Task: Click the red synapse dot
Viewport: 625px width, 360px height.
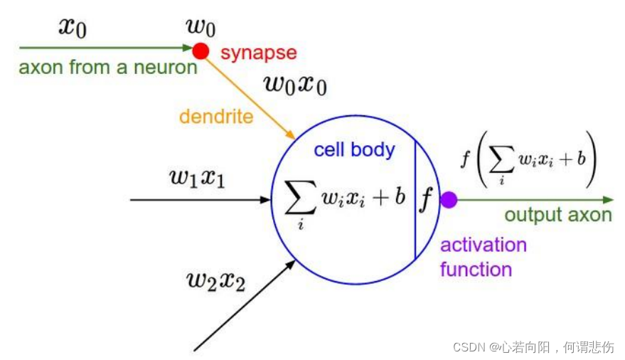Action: coord(201,51)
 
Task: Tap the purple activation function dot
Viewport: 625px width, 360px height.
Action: coord(448,200)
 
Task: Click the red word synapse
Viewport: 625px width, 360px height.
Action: coord(259,53)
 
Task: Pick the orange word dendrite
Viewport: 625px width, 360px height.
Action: coord(216,116)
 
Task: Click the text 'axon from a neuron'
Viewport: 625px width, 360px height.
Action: coord(107,68)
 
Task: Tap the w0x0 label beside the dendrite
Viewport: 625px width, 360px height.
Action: coord(295,84)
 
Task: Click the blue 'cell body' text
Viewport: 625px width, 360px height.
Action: coord(354,150)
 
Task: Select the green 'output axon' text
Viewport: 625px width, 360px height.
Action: coord(558,215)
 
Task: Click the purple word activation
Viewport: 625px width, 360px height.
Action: coord(484,245)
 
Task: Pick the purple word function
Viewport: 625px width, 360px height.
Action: coord(476,270)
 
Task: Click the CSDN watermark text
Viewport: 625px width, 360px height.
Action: coord(533,347)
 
